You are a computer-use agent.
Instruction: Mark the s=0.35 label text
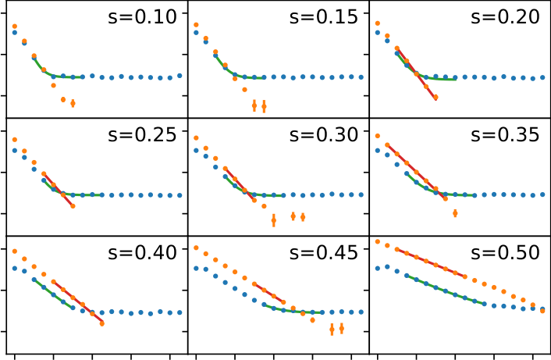coord(504,134)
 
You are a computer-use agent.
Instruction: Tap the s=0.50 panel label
coord(504,252)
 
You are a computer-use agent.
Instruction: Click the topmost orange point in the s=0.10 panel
coord(15,27)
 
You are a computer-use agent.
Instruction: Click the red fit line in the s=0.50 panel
coord(432,263)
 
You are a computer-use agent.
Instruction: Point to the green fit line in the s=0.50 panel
coord(445,290)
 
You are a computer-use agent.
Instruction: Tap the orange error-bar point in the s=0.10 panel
coord(73,103)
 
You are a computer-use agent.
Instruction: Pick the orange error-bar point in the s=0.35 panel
coord(455,212)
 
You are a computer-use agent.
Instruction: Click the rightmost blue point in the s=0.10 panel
coord(180,76)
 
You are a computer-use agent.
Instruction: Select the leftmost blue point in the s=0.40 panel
coord(15,268)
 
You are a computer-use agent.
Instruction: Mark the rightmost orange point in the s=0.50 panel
coord(542,310)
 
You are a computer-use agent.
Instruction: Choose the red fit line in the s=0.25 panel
coord(59,191)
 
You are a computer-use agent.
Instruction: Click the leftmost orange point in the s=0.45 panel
coord(196,248)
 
